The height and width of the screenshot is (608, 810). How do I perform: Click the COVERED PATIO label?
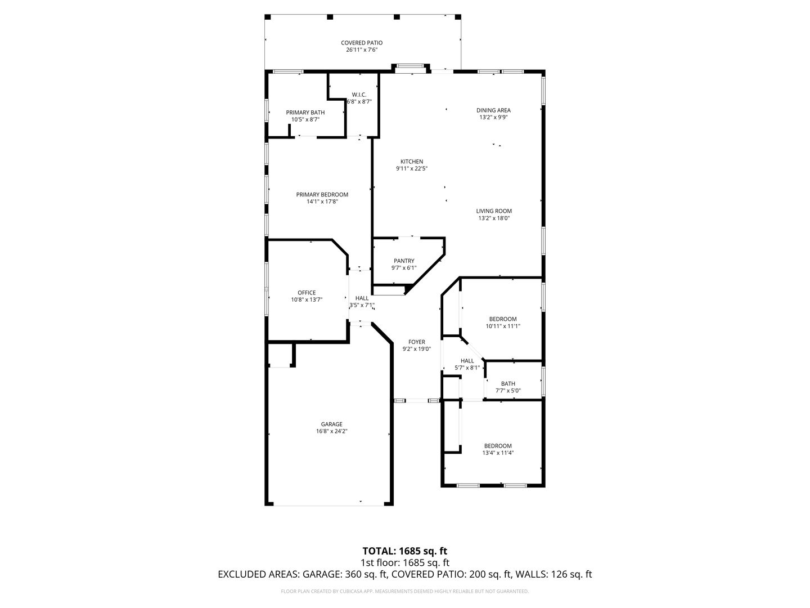[361, 43]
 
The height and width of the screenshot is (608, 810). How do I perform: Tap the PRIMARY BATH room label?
[305, 113]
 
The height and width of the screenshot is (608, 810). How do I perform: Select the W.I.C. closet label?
[359, 95]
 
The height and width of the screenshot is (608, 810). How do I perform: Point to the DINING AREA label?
[493, 110]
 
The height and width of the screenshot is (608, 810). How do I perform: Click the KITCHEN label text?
[412, 162]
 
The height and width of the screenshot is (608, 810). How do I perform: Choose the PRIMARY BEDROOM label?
[322, 195]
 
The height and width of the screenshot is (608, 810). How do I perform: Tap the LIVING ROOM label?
[494, 211]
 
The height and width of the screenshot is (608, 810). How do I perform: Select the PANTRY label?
[404, 261]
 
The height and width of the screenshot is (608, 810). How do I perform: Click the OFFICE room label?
[307, 293]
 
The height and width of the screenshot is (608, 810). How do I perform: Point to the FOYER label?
[417, 342]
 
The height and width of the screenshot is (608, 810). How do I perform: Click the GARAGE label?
[332, 424]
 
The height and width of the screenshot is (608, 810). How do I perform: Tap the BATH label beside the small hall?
[508, 384]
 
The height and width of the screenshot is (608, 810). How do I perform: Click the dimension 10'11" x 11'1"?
[503, 327]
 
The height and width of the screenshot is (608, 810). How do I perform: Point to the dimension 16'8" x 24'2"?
[332, 431]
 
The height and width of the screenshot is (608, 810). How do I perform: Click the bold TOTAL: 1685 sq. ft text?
[405, 551]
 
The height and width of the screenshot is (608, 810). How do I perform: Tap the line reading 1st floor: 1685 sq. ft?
[405, 563]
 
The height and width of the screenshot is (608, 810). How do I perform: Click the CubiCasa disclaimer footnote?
[405, 591]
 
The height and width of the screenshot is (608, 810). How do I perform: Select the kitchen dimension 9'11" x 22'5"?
[412, 169]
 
